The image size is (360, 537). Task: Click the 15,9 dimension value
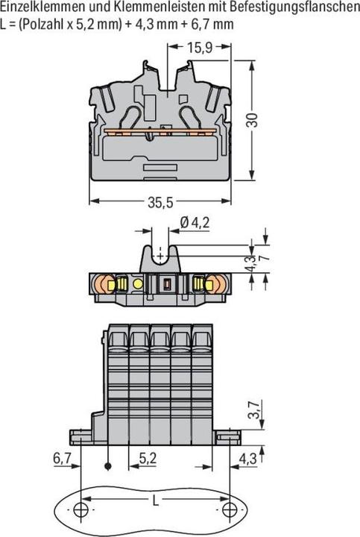(x=199, y=47)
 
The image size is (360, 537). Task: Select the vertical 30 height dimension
(x=254, y=119)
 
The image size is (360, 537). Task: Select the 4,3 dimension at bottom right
(x=250, y=459)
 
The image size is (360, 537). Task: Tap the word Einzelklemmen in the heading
(x=39, y=7)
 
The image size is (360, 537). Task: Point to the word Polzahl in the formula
(x=47, y=22)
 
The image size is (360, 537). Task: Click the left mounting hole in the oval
(x=82, y=510)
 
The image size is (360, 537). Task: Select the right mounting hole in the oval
(x=232, y=510)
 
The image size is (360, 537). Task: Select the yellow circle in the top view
(x=137, y=284)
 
